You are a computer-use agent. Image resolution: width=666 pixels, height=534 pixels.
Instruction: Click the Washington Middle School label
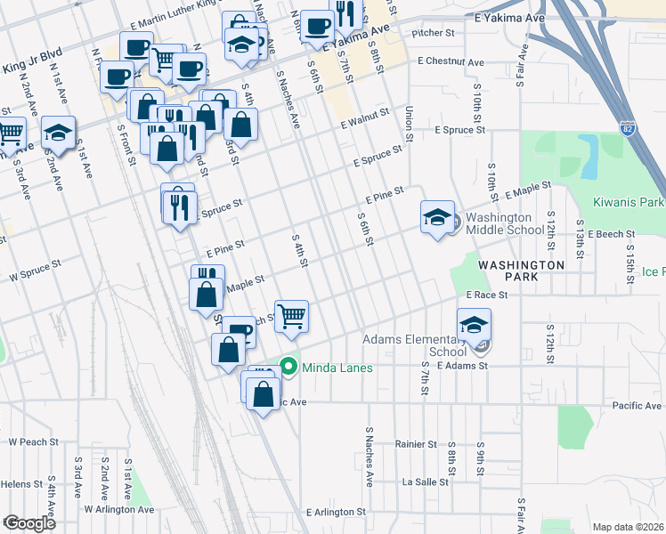tap(505, 223)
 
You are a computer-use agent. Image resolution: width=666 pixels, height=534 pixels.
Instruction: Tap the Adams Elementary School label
tap(415, 344)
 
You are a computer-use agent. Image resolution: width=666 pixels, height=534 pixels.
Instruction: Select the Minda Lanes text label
tap(337, 367)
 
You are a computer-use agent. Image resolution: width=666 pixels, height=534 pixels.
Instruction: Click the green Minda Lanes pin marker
tap(288, 366)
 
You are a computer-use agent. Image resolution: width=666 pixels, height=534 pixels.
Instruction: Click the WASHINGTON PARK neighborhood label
tap(522, 271)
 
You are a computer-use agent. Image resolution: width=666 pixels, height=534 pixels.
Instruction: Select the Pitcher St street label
tap(434, 33)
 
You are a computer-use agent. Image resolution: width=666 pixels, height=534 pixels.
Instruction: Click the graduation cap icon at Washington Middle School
tap(437, 217)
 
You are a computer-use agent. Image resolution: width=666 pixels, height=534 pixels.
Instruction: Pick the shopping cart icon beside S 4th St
tap(291, 315)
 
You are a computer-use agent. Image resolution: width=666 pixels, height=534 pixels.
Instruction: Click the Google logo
tap(28, 523)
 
